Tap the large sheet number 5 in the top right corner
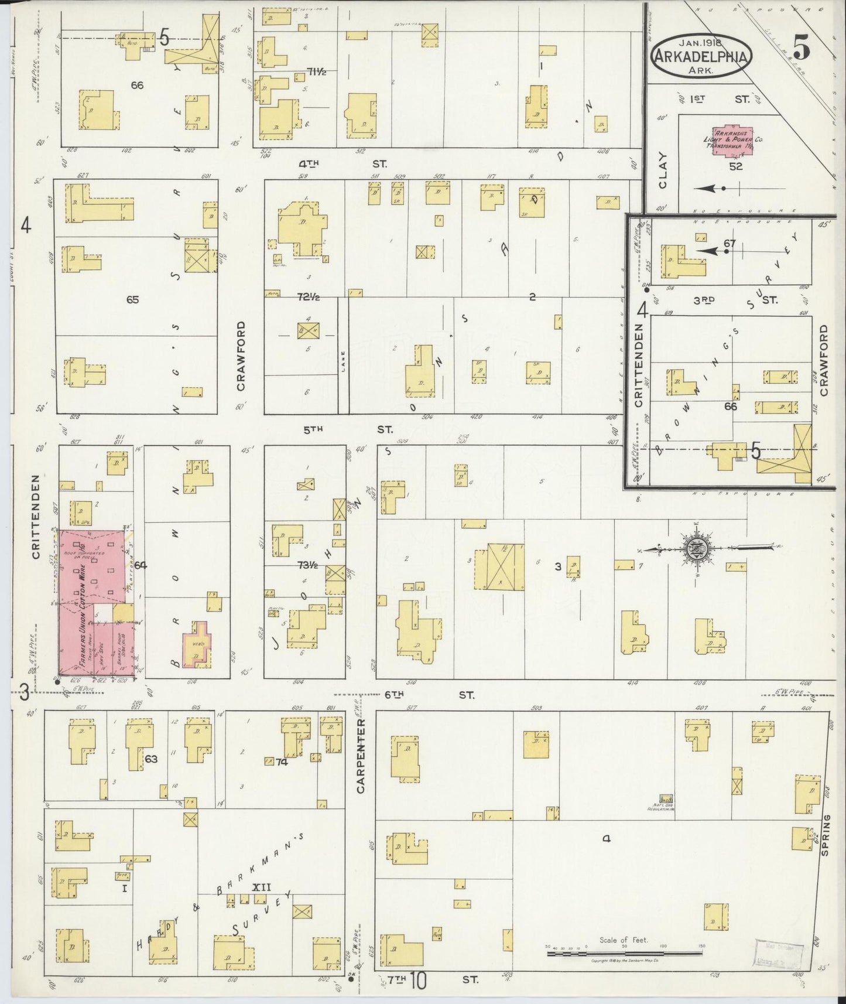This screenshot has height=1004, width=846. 802,47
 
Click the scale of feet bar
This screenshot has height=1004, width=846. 624,954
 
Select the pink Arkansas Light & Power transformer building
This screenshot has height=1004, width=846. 734,141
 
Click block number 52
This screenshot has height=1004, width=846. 735,166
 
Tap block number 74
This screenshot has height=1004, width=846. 282,761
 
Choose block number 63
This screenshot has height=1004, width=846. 151,759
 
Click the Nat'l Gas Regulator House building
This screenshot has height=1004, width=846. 666,800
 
